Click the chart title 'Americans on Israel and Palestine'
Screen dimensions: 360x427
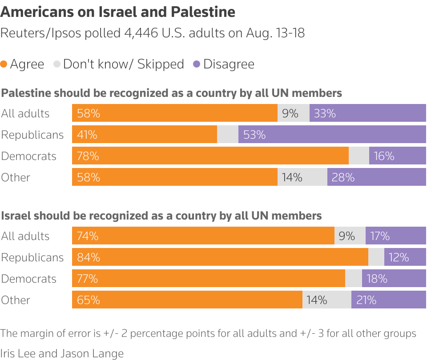pos(118,12)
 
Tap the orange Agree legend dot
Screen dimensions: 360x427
pos(4,64)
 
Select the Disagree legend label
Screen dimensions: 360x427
pos(229,64)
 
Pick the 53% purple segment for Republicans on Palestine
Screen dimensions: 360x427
pos(332,134)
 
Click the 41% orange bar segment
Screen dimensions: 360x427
pos(144,134)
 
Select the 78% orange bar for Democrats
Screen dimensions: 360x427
pos(210,156)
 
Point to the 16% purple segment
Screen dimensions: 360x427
pos(397,156)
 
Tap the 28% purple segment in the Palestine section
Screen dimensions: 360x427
pos(376,177)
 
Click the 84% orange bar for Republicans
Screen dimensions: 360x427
pos(220,257)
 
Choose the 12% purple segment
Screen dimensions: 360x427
pos(405,257)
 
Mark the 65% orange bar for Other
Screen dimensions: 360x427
pos(187,300)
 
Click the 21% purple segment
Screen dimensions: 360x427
pos(388,300)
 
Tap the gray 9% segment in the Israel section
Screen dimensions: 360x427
pos(350,236)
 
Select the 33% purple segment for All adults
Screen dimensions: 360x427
pos(367,113)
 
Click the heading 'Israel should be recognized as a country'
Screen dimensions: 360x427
pos(161,216)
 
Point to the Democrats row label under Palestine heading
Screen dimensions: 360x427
pos(29,156)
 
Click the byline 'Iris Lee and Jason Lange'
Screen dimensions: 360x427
pos(62,353)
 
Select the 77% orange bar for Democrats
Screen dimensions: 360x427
pos(208,278)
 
